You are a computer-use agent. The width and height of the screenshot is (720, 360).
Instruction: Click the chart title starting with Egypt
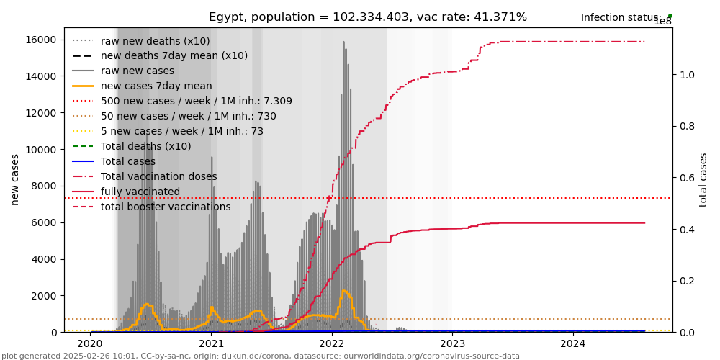367,17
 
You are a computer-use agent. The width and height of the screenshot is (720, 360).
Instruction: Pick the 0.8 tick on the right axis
686,126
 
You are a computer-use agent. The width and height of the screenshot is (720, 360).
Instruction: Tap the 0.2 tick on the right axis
686,281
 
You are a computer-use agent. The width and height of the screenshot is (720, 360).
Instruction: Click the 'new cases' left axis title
15,179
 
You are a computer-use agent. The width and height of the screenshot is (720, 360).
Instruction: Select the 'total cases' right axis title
703,179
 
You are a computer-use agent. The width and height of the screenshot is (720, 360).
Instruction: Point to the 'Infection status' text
621,18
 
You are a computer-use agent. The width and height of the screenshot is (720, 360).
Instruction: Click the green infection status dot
670,16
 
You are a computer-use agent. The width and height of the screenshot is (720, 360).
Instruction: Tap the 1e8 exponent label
662,22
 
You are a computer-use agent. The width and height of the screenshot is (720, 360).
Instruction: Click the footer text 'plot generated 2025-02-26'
260,356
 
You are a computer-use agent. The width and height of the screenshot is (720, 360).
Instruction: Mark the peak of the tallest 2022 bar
343,42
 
